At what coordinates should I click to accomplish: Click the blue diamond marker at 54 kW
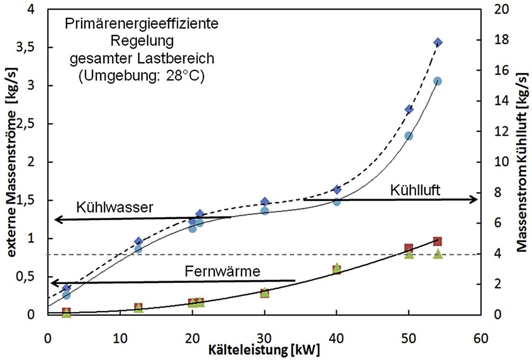point(438,42)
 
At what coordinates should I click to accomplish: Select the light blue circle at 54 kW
point(437,81)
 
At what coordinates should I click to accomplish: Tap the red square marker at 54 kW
point(437,241)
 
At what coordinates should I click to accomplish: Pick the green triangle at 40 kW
point(337,267)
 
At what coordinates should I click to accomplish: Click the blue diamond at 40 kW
point(337,190)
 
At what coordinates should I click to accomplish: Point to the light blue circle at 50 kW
point(409,136)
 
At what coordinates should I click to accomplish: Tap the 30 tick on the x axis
point(264,338)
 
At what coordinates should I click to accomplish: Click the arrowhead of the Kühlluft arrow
point(474,199)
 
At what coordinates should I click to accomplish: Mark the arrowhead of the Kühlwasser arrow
point(58,220)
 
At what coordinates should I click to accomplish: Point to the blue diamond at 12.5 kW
point(138,241)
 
